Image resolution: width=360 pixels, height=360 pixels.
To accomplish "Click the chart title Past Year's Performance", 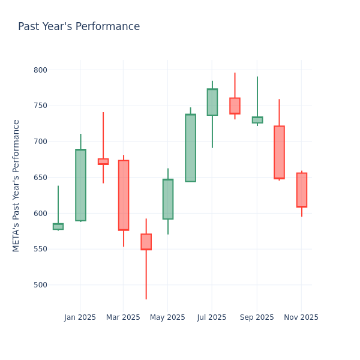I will click(x=79, y=27).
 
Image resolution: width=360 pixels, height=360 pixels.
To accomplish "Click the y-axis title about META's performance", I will click(x=16, y=185).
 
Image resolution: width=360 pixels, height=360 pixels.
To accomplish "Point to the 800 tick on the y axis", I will click(x=40, y=70).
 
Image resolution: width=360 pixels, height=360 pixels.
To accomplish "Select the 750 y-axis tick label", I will click(x=40, y=106).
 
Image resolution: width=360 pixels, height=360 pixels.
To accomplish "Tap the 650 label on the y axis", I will click(x=40, y=178).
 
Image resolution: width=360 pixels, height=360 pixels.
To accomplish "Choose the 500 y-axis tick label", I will click(x=40, y=285).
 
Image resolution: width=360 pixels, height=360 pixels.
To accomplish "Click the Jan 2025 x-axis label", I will click(x=80, y=317).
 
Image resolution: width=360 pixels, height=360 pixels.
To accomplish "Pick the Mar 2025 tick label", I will click(x=123, y=317).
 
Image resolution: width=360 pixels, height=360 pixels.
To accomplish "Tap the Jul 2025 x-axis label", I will click(x=211, y=317).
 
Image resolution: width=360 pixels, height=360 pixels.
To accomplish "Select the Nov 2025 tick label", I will click(x=301, y=317).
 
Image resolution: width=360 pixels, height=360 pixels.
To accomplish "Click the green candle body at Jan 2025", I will click(x=80, y=185).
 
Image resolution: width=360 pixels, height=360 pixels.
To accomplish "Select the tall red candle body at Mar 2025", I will click(x=124, y=195).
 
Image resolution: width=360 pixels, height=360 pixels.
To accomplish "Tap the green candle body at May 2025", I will click(x=168, y=199).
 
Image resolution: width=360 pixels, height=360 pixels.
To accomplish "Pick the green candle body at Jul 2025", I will click(x=212, y=102).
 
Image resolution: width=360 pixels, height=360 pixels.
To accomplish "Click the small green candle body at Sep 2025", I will click(x=257, y=120).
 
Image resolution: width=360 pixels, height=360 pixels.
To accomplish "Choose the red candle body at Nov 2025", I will click(x=302, y=190).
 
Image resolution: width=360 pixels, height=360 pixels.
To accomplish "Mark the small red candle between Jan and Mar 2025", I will click(x=103, y=161).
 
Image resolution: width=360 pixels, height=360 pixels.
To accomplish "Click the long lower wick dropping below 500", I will click(x=146, y=276).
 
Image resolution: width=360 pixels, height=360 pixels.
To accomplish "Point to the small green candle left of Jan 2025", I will click(x=58, y=226).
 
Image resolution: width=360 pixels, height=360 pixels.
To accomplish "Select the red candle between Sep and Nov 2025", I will click(x=279, y=152).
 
